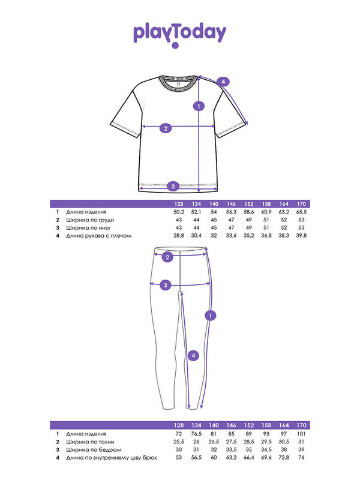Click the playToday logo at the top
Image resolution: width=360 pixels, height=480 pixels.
tap(179, 34)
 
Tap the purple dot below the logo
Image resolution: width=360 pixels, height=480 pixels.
tap(175, 46)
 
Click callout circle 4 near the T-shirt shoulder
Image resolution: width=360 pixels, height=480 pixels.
tap(223, 82)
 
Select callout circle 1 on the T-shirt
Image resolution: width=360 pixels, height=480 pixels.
tap(199, 106)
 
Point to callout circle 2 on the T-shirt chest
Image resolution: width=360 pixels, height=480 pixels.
tap(166, 128)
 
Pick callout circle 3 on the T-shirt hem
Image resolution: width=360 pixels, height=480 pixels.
tap(173, 186)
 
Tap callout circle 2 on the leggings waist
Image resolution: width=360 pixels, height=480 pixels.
tap(167, 257)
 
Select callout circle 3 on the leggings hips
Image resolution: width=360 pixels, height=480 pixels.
tap(166, 286)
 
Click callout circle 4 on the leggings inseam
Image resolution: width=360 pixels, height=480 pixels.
tap(193, 356)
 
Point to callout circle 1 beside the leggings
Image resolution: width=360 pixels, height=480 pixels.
tap(211, 316)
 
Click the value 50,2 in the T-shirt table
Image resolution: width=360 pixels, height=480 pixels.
tap(179, 212)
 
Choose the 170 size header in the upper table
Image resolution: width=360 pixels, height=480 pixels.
tap(302, 204)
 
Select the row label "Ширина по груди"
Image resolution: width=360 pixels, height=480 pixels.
tap(90, 220)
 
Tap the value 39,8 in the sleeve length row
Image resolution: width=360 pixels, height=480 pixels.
tap(302, 236)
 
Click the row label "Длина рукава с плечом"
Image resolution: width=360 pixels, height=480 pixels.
tap(98, 236)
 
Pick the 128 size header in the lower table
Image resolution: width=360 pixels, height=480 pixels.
tap(179, 425)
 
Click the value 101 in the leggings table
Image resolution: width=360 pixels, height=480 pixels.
tap(301, 434)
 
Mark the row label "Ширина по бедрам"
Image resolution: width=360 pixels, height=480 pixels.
tap(94, 450)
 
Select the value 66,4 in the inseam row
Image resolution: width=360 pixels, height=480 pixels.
tap(249, 458)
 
